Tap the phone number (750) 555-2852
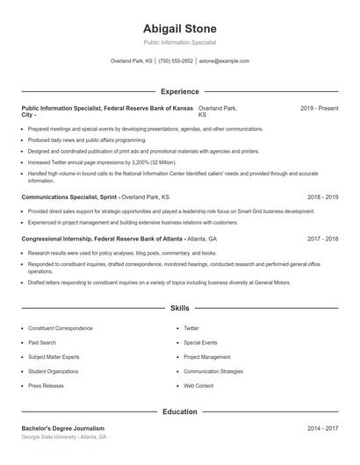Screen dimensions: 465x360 pyautogui.click(x=176, y=61)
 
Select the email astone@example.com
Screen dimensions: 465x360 pyautogui.click(x=224, y=61)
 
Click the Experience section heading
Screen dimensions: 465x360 pyautogui.click(x=179, y=91)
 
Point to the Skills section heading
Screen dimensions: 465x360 pyautogui.click(x=179, y=309)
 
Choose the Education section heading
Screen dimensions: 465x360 pyautogui.click(x=179, y=411)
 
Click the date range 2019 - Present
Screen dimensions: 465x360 pyautogui.click(x=319, y=108)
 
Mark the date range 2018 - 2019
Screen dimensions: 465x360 pyautogui.click(x=322, y=197)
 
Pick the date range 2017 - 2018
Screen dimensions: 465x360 pyautogui.click(x=322, y=239)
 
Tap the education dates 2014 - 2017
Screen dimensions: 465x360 pyautogui.click(x=322, y=428)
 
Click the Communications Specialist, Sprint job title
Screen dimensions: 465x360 pyautogui.click(x=68, y=197)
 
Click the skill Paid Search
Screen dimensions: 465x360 pyautogui.click(x=42, y=342)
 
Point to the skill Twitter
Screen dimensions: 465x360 pyautogui.click(x=191, y=328)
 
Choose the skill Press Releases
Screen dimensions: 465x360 pyautogui.click(x=46, y=385)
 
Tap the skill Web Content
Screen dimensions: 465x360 pyautogui.click(x=198, y=385)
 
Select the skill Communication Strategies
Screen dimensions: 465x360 pyautogui.click(x=213, y=371)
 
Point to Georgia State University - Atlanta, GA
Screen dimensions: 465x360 pyautogui.click(x=63, y=437)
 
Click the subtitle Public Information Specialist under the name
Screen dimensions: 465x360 pyautogui.click(x=179, y=42)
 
